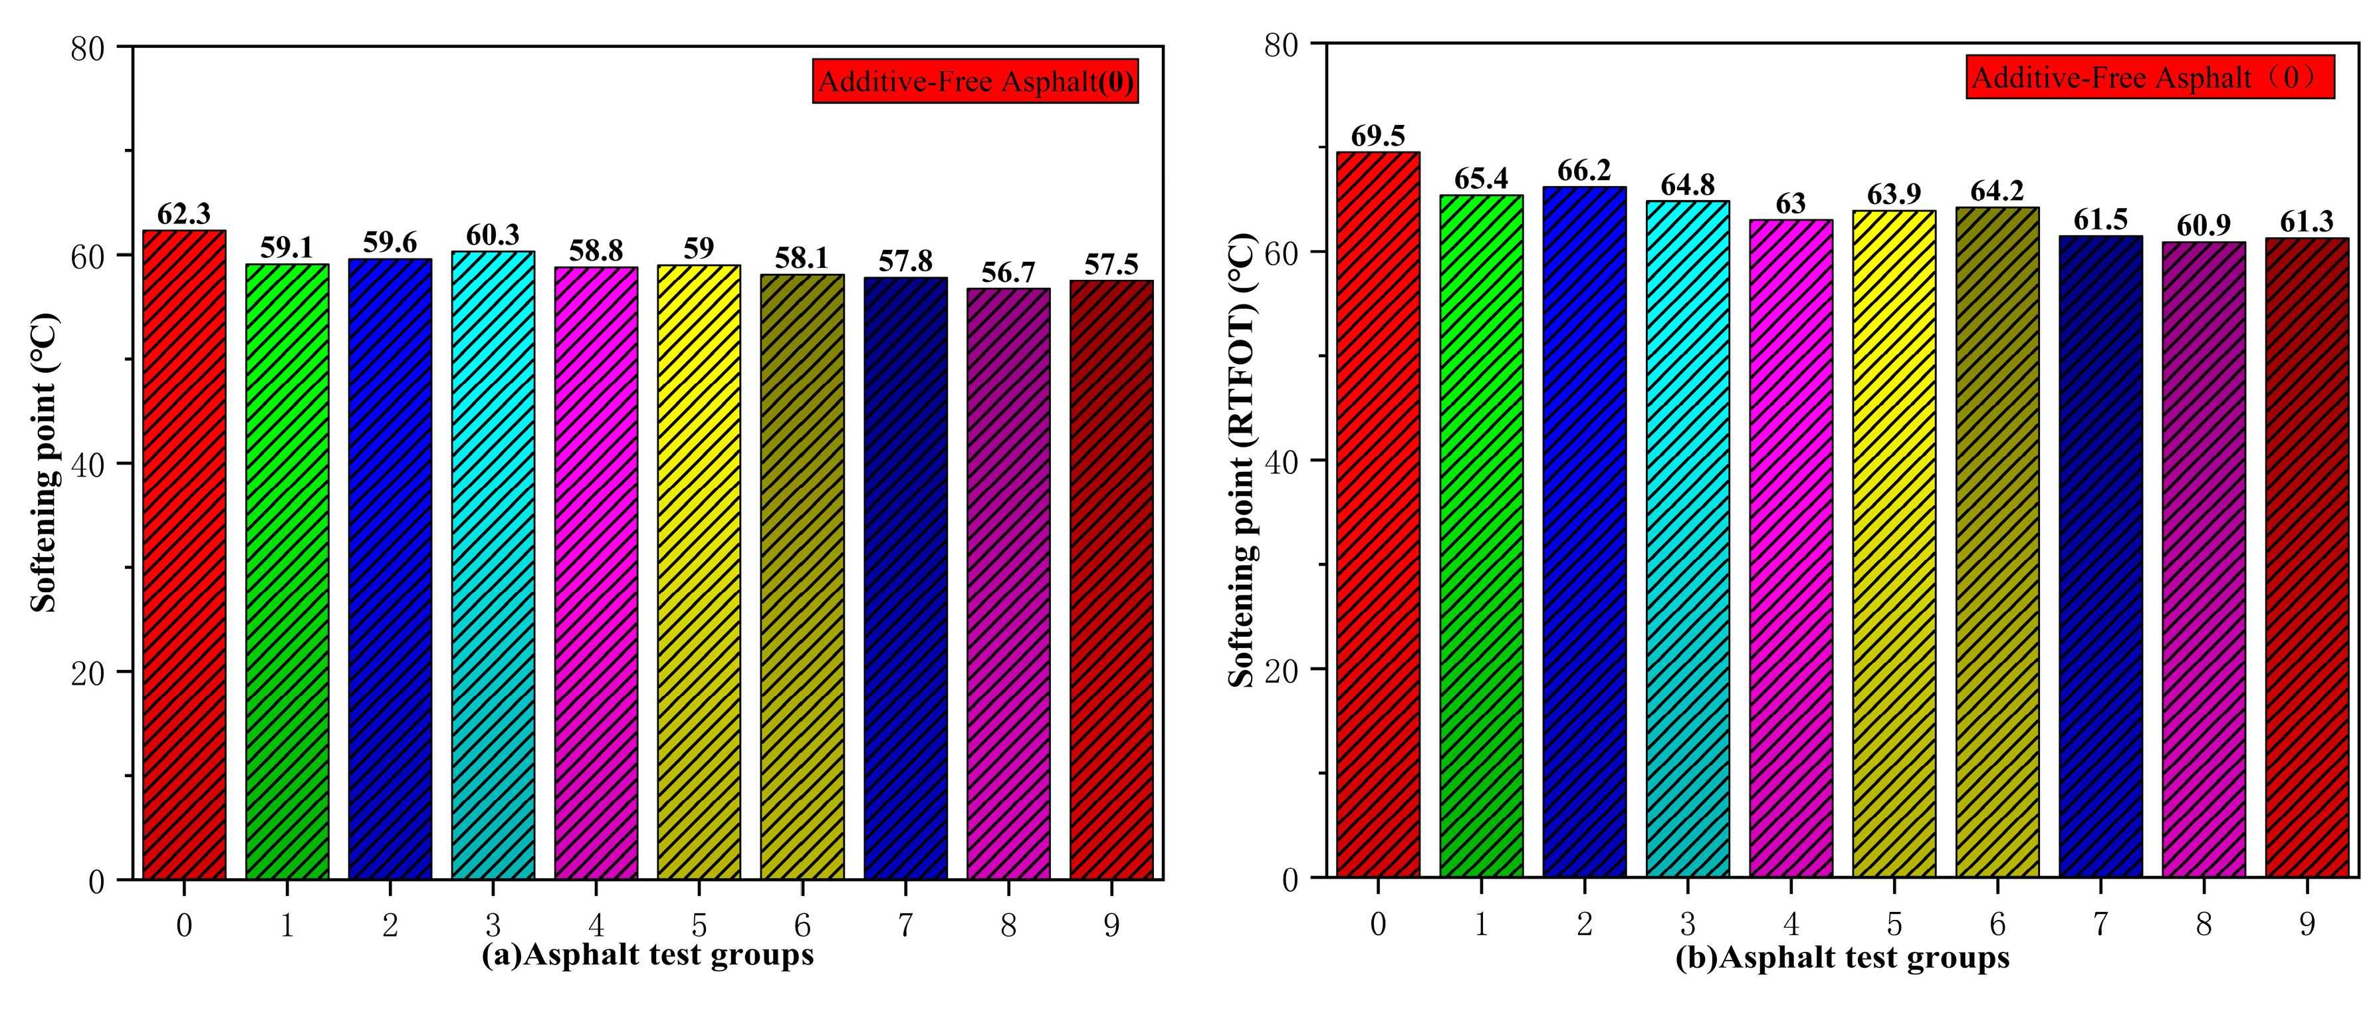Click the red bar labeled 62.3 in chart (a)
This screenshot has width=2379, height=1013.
(183, 554)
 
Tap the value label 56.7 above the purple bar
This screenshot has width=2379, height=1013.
(1008, 273)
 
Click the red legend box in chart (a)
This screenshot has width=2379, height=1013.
(975, 81)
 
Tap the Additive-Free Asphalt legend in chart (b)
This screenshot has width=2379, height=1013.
(2150, 76)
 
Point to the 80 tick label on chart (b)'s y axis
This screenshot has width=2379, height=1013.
(1281, 45)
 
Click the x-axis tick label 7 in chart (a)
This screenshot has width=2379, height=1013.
(905, 925)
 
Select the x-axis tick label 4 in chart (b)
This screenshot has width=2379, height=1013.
(1791, 923)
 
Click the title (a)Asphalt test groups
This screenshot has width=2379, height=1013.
(647, 955)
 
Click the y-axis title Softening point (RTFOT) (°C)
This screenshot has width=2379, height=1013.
(1241, 460)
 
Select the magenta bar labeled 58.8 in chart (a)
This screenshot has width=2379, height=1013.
(596, 572)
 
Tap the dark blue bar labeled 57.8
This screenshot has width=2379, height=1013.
(905, 577)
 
